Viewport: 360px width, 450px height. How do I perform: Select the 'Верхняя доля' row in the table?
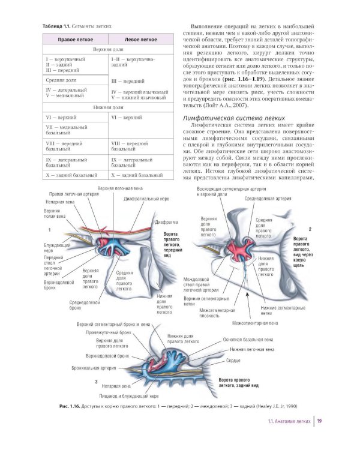[107, 50]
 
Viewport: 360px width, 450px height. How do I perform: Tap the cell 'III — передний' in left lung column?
[128, 80]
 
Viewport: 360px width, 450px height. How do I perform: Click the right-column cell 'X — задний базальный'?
[138, 175]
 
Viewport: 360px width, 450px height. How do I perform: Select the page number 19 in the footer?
[321, 421]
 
